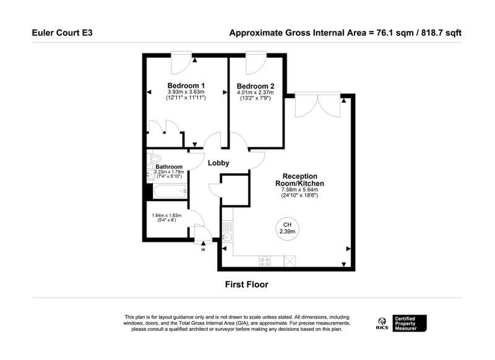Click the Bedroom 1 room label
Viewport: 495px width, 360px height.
(x=186, y=85)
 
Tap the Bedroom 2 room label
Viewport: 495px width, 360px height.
(x=256, y=86)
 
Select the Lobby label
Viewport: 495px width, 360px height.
(x=218, y=163)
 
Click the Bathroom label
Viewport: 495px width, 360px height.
(x=169, y=166)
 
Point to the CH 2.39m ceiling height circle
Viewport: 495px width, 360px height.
(x=287, y=229)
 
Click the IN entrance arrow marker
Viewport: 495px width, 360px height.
(x=203, y=243)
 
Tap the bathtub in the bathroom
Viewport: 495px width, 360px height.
(x=170, y=191)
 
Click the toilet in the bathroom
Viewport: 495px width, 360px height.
(x=153, y=158)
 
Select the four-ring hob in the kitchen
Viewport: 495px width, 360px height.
(x=265, y=261)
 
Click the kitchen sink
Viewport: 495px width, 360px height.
(x=228, y=237)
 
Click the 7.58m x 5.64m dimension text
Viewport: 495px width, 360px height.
(x=299, y=190)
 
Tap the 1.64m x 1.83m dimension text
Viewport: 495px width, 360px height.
(x=166, y=215)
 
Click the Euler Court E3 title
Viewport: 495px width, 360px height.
(x=62, y=33)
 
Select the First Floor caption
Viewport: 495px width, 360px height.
(x=246, y=285)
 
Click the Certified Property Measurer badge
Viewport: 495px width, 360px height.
(x=410, y=324)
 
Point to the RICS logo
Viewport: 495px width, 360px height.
(x=382, y=324)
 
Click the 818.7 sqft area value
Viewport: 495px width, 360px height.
(x=441, y=33)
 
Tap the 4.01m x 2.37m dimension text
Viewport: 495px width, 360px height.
(x=256, y=92)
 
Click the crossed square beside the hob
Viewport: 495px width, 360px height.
(x=290, y=261)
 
